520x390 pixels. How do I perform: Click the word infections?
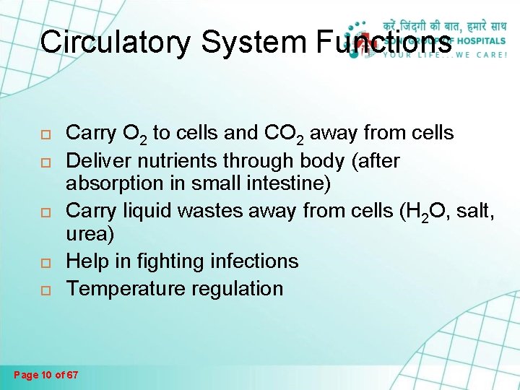(252, 261)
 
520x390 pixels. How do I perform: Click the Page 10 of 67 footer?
(47, 375)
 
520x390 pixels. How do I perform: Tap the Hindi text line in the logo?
(446, 25)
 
